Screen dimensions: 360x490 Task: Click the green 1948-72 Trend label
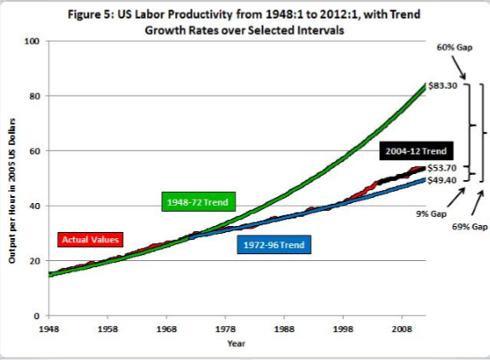[x=198, y=203]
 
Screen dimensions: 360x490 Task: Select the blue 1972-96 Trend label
[x=275, y=246]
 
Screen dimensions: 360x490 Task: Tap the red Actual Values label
[x=90, y=239]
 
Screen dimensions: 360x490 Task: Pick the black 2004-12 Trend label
[x=416, y=151]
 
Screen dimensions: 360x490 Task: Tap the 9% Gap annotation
[x=432, y=213]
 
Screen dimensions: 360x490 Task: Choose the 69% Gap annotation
[x=470, y=227]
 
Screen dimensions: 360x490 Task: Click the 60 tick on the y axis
[x=35, y=151]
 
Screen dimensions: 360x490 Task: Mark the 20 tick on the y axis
[x=35, y=261]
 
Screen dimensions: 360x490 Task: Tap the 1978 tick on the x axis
[x=225, y=327]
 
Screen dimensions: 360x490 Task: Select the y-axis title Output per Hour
[x=15, y=196]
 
